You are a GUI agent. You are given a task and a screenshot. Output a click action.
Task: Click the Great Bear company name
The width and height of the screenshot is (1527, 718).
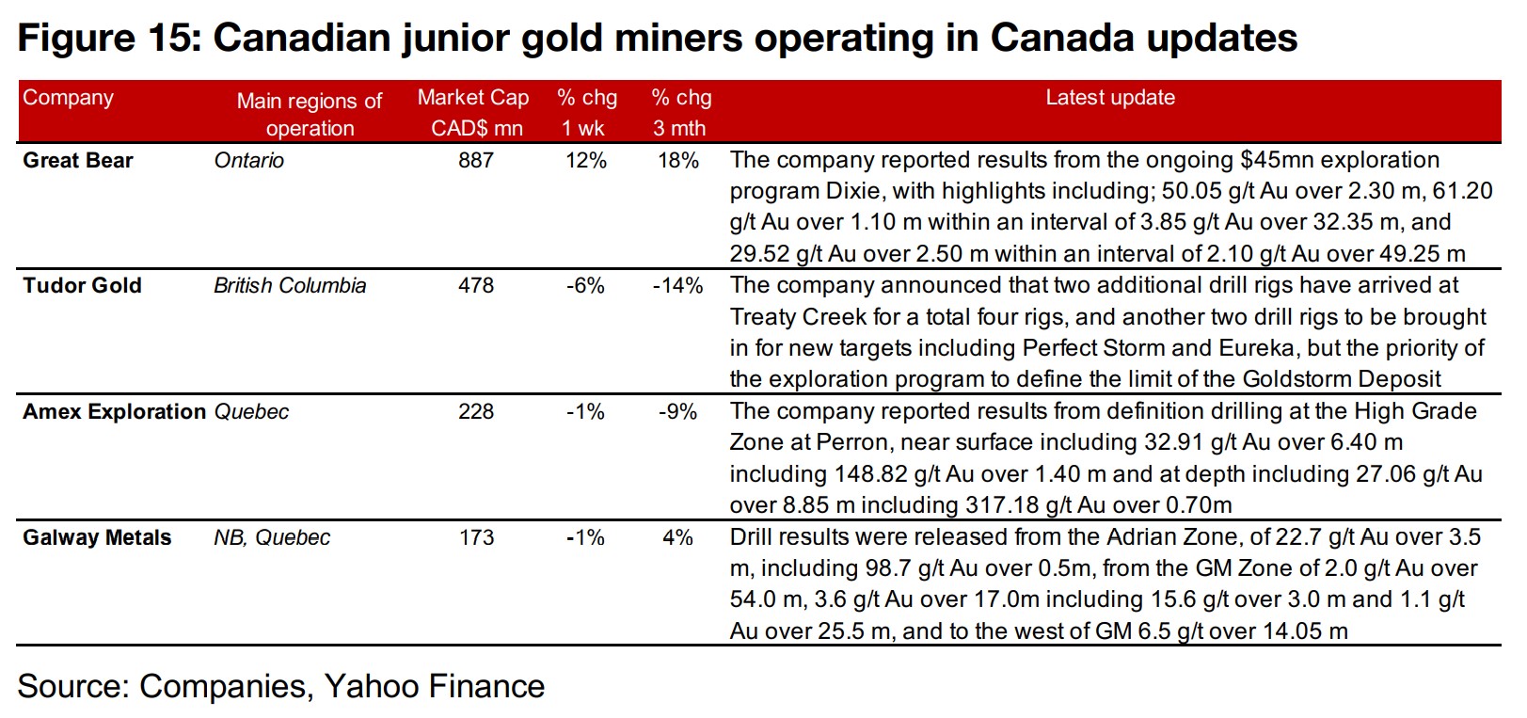78,161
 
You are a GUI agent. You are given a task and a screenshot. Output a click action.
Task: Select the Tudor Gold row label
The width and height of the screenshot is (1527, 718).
82,286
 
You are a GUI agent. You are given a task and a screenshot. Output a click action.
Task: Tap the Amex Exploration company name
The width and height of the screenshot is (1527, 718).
114,412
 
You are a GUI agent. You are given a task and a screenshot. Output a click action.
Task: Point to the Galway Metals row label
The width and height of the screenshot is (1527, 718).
97,538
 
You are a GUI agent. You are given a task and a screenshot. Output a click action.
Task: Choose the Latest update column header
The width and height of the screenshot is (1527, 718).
1110,98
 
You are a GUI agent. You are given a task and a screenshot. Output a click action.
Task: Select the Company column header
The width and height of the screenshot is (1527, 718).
68,98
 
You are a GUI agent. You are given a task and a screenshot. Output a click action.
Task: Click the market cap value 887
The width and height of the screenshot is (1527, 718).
476,161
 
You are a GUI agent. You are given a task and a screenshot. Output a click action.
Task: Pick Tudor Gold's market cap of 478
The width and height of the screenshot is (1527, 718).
476,286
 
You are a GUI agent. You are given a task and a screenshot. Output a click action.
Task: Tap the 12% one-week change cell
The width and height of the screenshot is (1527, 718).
586,161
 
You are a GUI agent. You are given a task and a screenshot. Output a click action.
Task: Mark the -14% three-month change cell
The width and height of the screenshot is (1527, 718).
677,286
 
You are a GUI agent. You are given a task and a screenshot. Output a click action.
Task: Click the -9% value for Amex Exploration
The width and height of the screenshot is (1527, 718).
677,412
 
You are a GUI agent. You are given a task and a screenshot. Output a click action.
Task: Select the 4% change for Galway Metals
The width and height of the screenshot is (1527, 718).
677,538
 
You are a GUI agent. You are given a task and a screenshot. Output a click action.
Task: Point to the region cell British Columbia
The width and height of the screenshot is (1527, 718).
290,286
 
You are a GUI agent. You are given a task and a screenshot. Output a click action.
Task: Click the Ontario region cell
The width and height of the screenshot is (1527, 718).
248,161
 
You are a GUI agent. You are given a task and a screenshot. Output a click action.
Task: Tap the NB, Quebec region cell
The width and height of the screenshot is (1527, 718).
272,538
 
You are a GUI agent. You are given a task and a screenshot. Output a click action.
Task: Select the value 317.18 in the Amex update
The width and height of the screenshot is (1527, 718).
1002,505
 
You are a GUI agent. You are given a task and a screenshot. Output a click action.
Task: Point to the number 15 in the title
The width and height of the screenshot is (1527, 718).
167,39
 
